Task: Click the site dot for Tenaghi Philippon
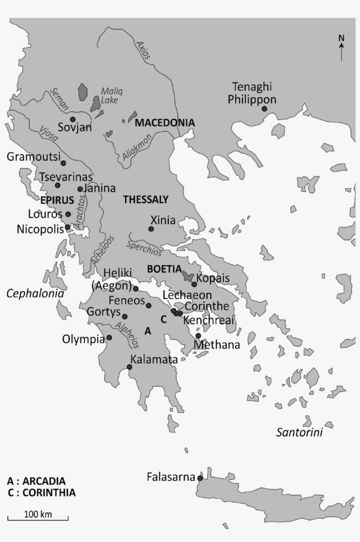(x=265, y=109)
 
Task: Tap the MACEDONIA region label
(x=164, y=123)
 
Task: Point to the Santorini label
(x=299, y=433)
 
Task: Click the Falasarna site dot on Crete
(x=200, y=478)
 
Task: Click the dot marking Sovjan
(x=73, y=119)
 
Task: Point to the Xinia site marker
(x=151, y=229)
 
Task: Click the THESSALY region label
(x=146, y=200)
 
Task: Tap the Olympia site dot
(x=109, y=337)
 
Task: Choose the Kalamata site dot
(x=130, y=367)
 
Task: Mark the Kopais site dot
(x=194, y=284)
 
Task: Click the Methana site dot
(x=198, y=336)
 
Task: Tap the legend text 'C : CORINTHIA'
(x=42, y=492)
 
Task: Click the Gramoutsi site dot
(x=63, y=163)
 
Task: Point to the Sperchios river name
(x=144, y=248)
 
